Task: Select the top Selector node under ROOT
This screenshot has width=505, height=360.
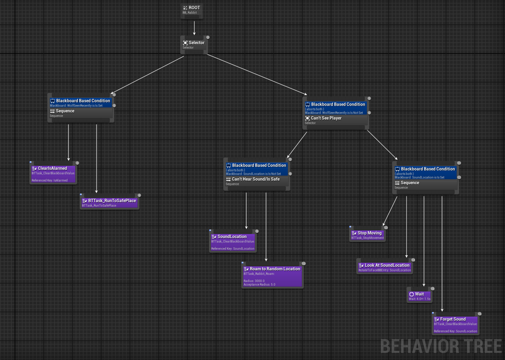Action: pos(195,44)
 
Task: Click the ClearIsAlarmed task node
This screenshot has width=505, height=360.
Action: pos(53,174)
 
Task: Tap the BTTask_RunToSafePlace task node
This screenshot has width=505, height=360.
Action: pos(109,202)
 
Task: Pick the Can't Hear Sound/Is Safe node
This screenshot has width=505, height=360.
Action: pos(257,181)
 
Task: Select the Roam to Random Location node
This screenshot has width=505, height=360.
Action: pos(272,275)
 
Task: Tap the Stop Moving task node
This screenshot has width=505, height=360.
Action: pos(366,235)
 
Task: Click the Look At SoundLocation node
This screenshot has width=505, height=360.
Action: pos(384,267)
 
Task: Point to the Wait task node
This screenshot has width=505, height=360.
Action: pos(419,295)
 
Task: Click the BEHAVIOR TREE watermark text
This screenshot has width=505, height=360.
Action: pos(441,347)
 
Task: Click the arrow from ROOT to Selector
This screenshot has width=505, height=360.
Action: pos(194,27)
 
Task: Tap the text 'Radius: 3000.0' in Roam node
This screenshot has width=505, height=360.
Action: pos(254,281)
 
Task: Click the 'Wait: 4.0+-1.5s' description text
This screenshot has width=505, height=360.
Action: pos(419,299)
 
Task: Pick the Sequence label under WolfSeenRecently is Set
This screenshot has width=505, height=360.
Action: pos(64,111)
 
